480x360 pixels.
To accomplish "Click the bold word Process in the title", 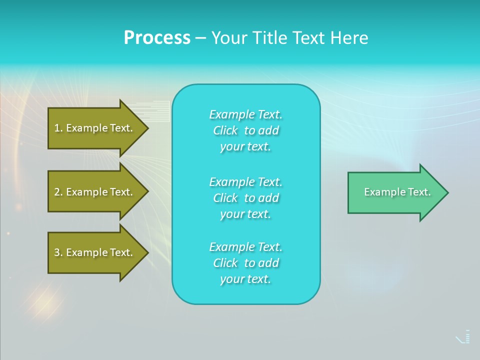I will pos(157,38).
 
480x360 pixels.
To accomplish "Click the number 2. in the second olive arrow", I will pos(58,192).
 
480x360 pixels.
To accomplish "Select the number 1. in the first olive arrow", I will pos(58,128).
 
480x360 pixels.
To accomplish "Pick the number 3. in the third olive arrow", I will pos(58,252).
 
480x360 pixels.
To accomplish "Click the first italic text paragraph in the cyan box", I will pos(245,130).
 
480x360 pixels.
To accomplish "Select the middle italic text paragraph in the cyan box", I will pos(245,197).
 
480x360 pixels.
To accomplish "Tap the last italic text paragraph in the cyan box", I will pos(245,263).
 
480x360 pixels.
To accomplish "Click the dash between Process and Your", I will pos(200,38).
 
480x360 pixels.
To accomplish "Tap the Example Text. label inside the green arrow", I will pos(397,192).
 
